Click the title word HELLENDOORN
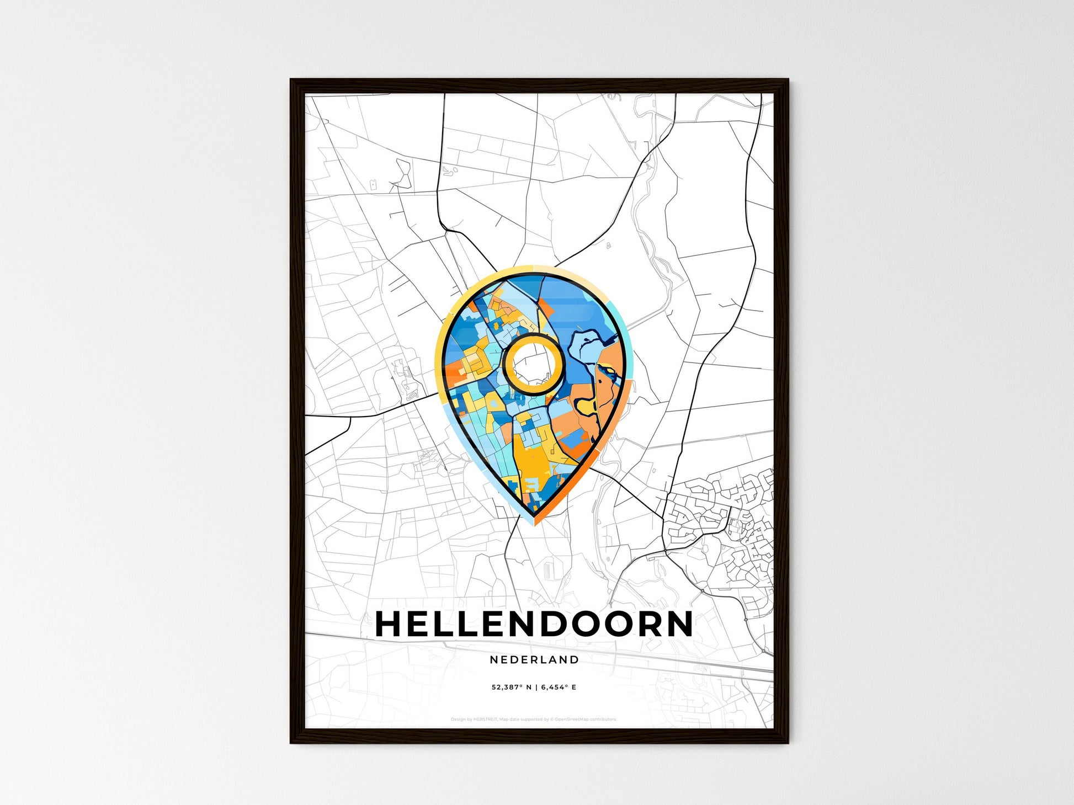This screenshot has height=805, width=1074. click(534, 624)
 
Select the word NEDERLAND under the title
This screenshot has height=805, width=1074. click(534, 659)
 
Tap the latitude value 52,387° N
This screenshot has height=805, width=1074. click(512, 687)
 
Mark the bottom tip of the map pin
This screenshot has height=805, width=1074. click(534, 523)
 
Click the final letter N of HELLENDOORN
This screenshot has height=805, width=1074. click(680, 624)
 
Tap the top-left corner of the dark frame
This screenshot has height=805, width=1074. click(293, 81)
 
